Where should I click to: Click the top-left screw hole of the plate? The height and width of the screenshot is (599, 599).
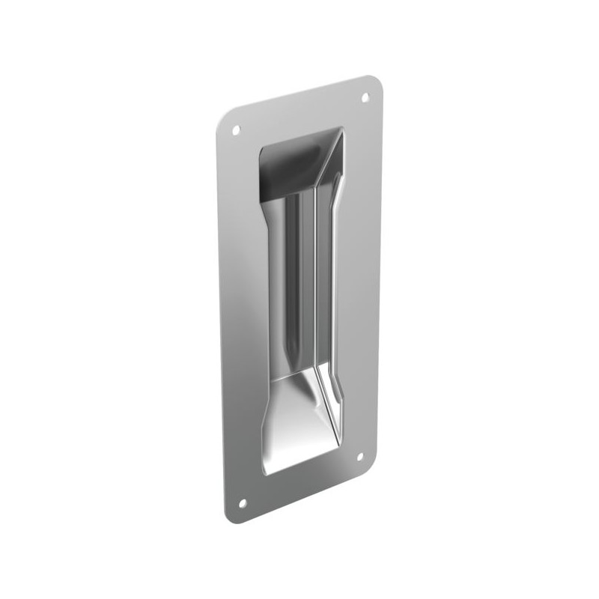click(236, 130)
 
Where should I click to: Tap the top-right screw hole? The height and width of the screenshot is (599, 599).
click(366, 97)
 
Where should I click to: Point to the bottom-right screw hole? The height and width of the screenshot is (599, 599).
click(359, 454)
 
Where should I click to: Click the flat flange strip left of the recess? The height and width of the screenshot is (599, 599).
click(241, 314)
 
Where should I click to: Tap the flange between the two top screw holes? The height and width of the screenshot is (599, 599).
click(299, 116)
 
